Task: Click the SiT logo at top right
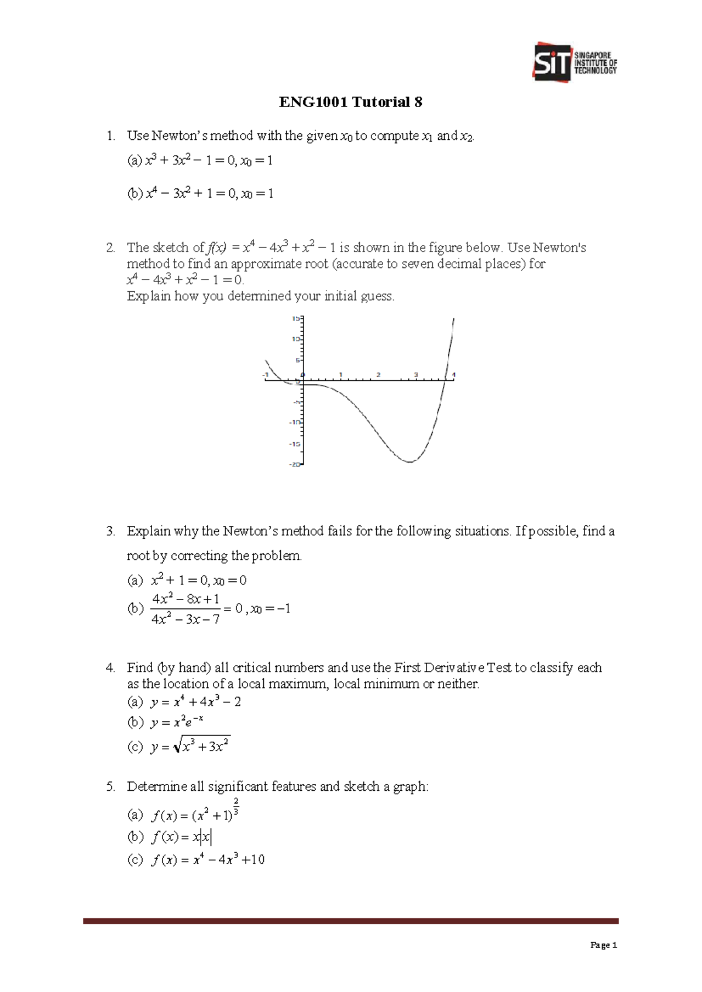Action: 574,62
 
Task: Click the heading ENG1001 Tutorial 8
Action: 350,102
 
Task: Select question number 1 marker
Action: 111,136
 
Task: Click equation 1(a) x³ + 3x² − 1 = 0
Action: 199,160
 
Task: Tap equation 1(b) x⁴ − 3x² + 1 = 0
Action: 199,194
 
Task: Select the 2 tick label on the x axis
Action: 378,374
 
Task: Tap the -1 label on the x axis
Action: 266,374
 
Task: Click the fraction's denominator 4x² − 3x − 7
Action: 185,619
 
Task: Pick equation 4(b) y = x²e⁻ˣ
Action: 177,722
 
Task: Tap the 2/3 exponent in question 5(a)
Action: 236,806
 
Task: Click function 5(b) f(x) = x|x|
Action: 181,838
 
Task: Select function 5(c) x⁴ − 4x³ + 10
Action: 207,860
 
